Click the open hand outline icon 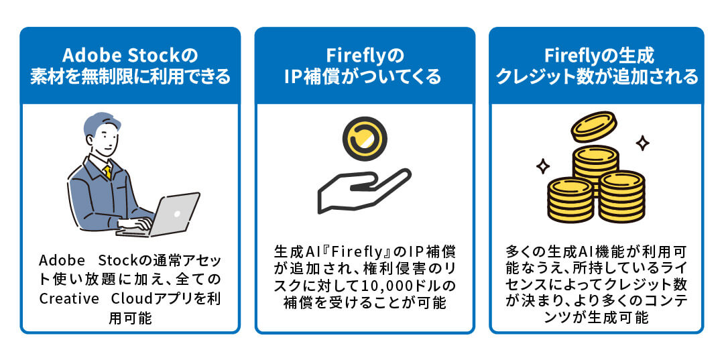[x=362, y=191]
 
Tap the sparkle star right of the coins [x=642, y=143]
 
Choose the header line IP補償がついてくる [x=365, y=76]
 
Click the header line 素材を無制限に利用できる [x=130, y=76]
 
